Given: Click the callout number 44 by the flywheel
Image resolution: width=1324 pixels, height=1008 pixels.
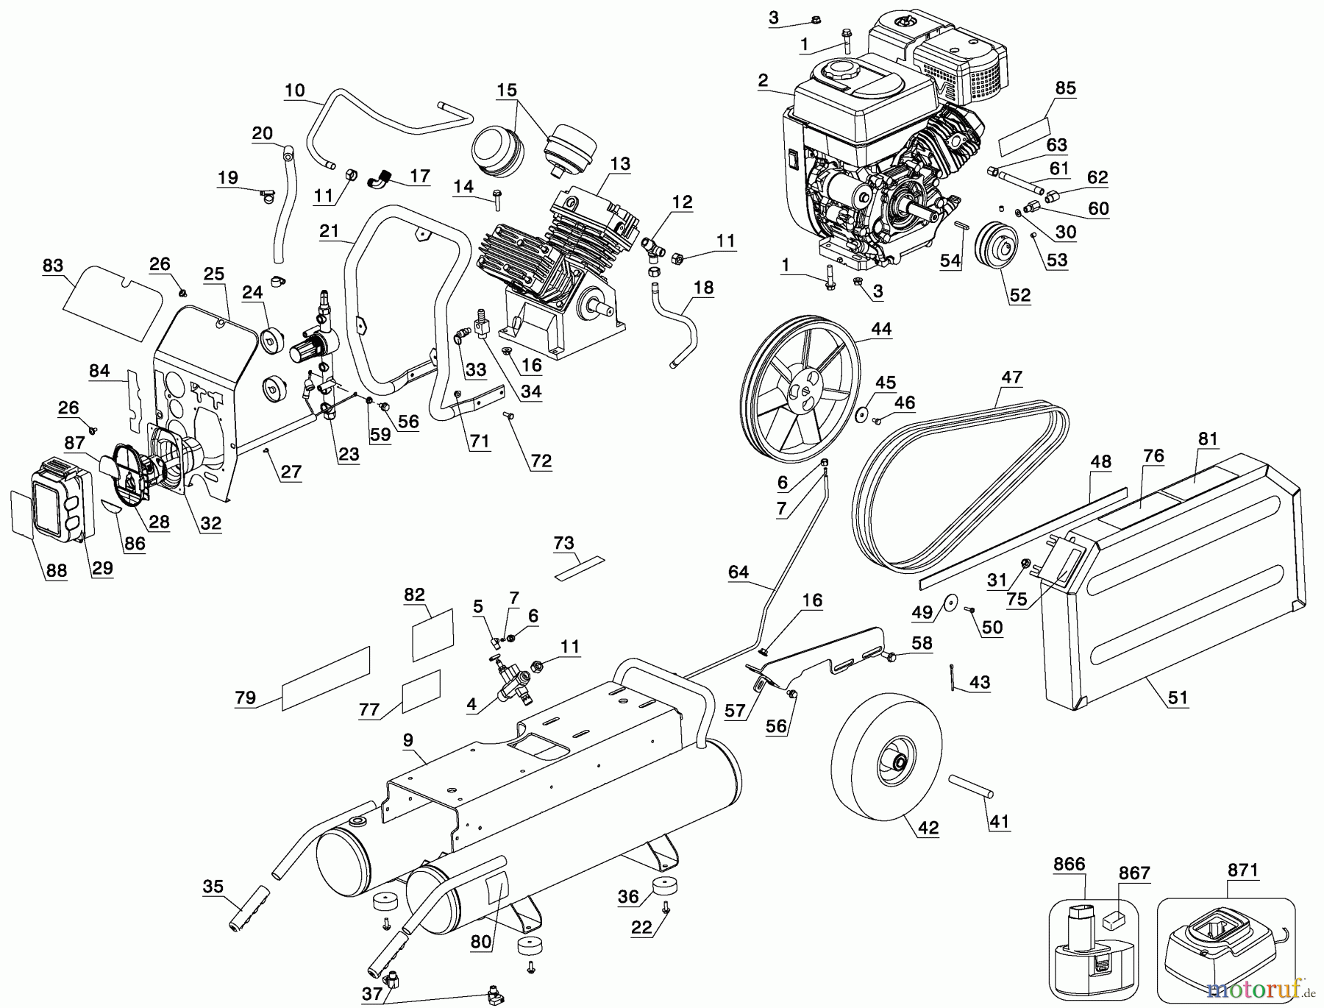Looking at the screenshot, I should click(880, 329).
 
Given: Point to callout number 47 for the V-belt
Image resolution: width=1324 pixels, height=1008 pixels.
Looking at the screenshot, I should click(1011, 377).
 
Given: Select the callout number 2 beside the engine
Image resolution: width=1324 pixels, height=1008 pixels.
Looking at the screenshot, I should click(763, 80).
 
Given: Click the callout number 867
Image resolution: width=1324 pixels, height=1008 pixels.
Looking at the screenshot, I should click(1133, 873).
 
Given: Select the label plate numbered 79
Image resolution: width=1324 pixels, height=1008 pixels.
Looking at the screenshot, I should click(326, 678).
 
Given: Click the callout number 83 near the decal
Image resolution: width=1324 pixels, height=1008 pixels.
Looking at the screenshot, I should click(53, 266).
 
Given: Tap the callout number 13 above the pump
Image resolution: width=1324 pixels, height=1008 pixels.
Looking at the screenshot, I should click(620, 163).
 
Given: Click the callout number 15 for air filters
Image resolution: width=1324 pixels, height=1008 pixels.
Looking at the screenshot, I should click(506, 90).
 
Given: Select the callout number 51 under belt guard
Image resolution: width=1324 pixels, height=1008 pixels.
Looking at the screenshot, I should click(1178, 697).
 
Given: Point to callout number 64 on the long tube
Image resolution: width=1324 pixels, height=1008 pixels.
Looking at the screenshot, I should click(738, 572).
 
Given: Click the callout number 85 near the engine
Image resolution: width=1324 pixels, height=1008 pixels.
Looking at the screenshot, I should click(1065, 88).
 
